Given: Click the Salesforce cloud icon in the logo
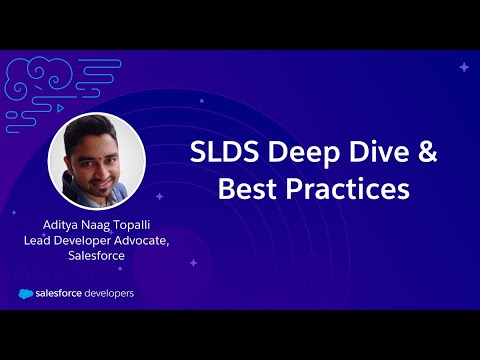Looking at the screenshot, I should [x=27, y=293].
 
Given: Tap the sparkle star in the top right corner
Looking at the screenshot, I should [x=463, y=67].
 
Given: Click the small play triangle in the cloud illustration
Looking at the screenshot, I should [x=62, y=105].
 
